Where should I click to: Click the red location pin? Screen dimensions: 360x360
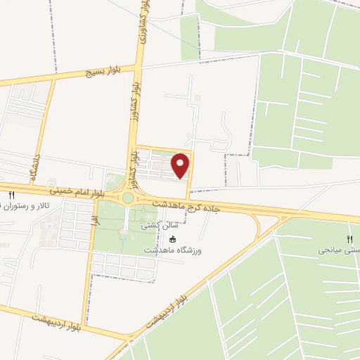click(x=181, y=165)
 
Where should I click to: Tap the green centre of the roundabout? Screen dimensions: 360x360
click(x=127, y=198)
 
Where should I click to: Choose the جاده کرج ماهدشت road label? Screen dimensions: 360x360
click(x=190, y=204)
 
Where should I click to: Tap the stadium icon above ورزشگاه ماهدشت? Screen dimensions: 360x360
click(x=173, y=239)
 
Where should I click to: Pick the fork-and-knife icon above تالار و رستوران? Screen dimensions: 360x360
click(x=11, y=195)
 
